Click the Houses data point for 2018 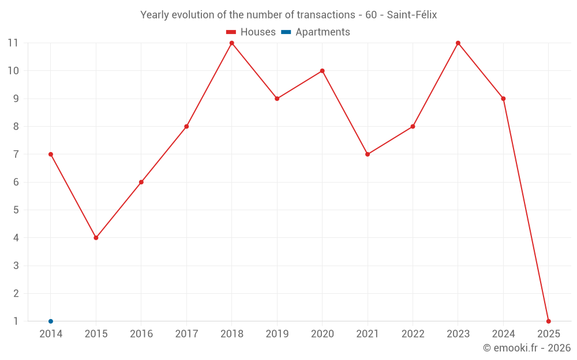pyautogui.click(x=231, y=43)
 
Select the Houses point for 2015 pyautogui.click(x=96, y=238)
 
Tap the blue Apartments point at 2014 pyautogui.click(x=51, y=321)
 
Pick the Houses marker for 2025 pyautogui.click(x=548, y=321)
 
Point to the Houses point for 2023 pyautogui.click(x=458, y=43)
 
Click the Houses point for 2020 pyautogui.click(x=322, y=71)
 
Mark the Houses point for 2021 pyautogui.click(x=368, y=154)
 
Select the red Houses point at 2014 pyautogui.click(x=51, y=154)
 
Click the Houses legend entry pyautogui.click(x=251, y=32)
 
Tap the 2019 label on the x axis pyautogui.click(x=277, y=334)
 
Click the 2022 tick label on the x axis pyautogui.click(x=413, y=334)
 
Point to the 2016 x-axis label pyautogui.click(x=141, y=334)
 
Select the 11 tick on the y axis pyautogui.click(x=13, y=43)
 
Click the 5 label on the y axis pyautogui.click(x=16, y=210)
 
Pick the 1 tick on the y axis pyautogui.click(x=16, y=321)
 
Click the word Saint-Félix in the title pyautogui.click(x=411, y=15)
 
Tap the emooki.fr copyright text pyautogui.click(x=527, y=348)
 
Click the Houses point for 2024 pyautogui.click(x=503, y=98)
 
